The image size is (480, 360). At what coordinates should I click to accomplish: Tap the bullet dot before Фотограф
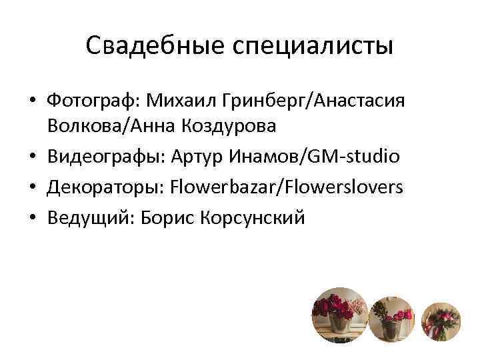[x=33, y=103]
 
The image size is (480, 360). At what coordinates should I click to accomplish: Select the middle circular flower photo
[x=391, y=319]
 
